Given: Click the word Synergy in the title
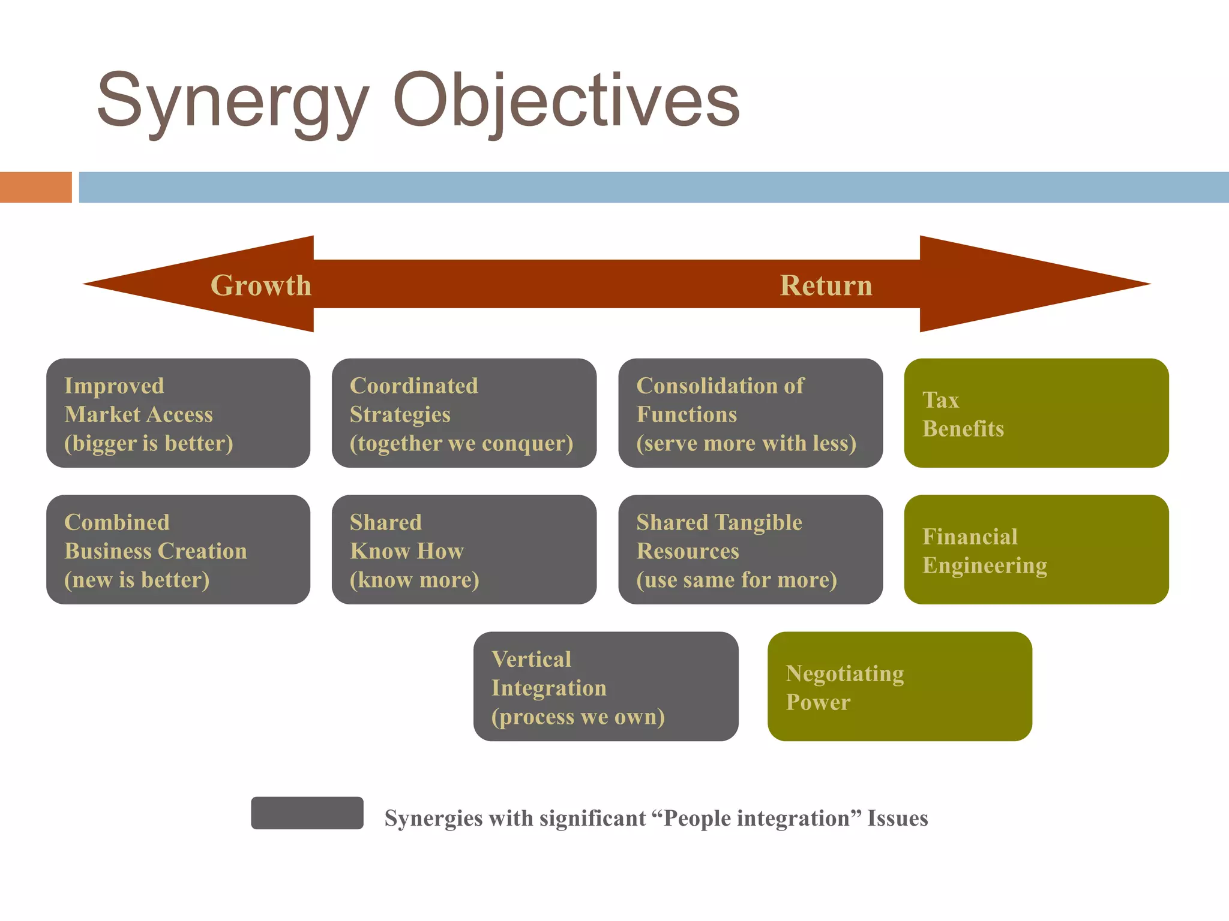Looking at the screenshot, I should (232, 101).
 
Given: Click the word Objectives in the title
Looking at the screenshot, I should (566, 101).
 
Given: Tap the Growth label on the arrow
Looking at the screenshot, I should (261, 285).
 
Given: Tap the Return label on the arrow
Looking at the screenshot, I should (826, 285).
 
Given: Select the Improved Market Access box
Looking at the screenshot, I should (178, 413).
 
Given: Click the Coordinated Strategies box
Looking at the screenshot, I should (464, 413).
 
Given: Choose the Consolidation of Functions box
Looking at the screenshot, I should (750, 413).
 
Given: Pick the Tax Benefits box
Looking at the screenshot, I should (1036, 413).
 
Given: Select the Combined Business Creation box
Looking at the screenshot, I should (178, 549).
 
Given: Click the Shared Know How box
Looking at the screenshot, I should (464, 549).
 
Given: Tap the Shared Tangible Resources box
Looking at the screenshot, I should (750, 549).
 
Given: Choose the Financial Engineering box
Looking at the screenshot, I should (1036, 549).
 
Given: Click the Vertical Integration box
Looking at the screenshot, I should (605, 686).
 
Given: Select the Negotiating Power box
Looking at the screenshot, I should (900, 686).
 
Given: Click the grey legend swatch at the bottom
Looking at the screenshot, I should (307, 812).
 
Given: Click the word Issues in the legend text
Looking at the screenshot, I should (897, 818).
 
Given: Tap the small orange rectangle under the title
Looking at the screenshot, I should (36, 187).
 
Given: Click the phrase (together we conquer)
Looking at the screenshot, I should (461, 443).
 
